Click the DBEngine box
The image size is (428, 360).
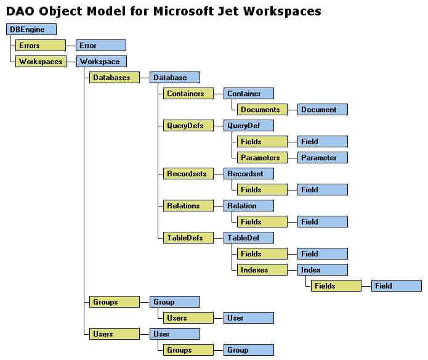(x=31, y=29)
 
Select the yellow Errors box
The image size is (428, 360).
(x=41, y=46)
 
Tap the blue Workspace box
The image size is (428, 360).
(x=101, y=62)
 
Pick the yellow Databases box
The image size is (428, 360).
(x=115, y=78)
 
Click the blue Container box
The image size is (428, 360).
(x=249, y=94)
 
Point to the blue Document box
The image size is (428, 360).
(x=322, y=110)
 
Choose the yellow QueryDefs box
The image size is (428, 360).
(x=188, y=126)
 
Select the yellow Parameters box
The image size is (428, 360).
(x=262, y=158)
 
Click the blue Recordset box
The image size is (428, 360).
(x=249, y=174)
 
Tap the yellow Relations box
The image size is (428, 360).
(x=188, y=206)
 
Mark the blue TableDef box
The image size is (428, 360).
(x=249, y=237)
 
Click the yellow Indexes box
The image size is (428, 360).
(x=262, y=270)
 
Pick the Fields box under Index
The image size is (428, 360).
(x=336, y=285)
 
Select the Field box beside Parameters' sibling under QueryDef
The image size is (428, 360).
(x=322, y=142)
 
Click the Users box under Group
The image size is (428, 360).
(x=188, y=318)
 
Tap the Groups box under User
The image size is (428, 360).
(x=188, y=350)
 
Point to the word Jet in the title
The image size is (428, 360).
(x=228, y=11)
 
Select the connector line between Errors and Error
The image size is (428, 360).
(x=71, y=46)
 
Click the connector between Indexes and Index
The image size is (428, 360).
(x=293, y=270)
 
